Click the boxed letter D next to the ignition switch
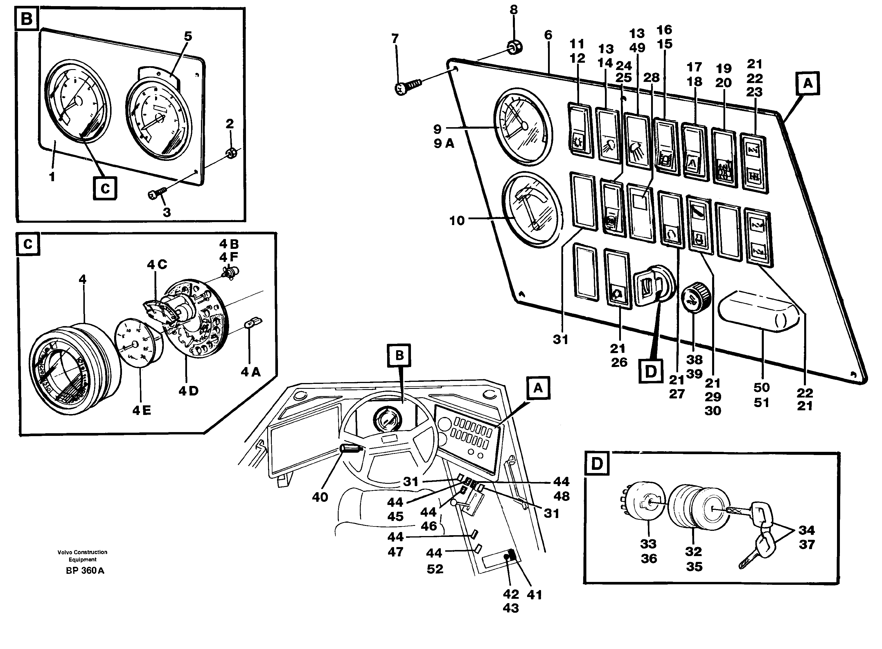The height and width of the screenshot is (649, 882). tap(651, 371)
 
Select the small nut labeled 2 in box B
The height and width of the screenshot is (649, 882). tap(231, 153)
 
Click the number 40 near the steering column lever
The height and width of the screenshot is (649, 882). tap(320, 497)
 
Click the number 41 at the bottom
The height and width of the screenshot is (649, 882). tap(534, 595)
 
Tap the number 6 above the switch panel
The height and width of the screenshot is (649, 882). tap(548, 35)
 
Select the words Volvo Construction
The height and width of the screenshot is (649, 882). tap(82, 552)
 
